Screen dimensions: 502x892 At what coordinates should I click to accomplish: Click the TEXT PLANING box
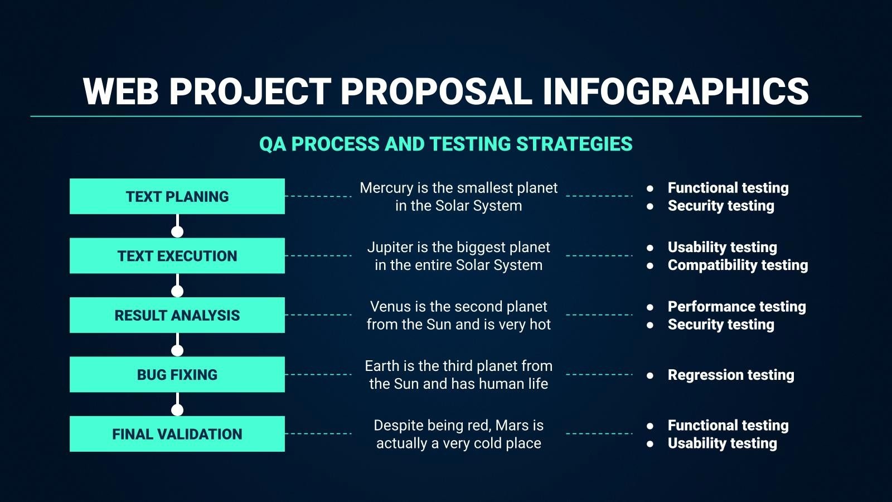coord(177,196)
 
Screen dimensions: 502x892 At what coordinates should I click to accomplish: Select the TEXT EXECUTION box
coord(177,255)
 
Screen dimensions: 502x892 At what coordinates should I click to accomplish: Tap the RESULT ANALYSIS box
coord(177,315)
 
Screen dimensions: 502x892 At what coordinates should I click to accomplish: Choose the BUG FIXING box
coord(177,374)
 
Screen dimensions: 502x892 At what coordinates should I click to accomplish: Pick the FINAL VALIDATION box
coord(177,433)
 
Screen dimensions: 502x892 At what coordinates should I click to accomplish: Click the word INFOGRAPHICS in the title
coord(675,91)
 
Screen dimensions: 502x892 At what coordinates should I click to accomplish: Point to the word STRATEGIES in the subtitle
coord(574,144)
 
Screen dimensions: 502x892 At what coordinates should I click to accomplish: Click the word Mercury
coord(386,188)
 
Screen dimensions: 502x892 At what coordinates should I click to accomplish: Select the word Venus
coord(390,307)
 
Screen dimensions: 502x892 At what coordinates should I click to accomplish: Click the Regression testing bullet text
coord(730,375)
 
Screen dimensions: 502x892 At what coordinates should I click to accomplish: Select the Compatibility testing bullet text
coord(738,265)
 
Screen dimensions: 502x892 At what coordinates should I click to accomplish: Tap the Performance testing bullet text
coord(736,307)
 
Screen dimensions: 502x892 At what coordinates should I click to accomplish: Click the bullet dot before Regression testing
coord(650,375)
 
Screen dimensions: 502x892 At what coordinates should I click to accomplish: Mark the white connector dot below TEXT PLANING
coord(177,231)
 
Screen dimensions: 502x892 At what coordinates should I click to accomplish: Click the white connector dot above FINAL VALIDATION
coord(177,410)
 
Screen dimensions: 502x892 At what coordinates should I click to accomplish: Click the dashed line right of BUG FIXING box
coord(318,375)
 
